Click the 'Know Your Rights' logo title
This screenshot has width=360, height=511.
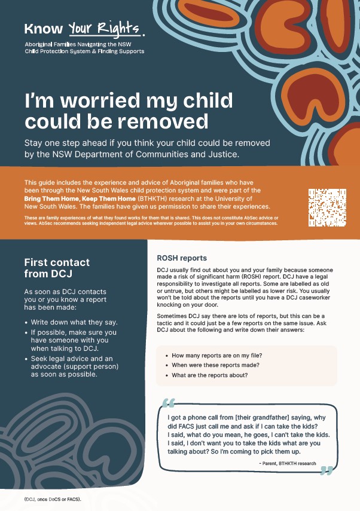click(83, 27)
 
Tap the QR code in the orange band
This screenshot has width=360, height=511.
click(328, 207)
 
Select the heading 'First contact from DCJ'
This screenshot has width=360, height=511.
click(57, 268)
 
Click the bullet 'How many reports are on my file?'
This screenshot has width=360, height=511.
click(217, 355)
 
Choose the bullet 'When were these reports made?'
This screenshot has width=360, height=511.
click(213, 365)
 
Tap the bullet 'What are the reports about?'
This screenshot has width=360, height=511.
click(209, 375)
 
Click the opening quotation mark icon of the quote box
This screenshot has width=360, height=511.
click(169, 402)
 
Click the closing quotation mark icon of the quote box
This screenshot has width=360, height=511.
click(326, 470)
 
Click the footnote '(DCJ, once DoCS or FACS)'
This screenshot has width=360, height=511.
click(53, 498)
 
